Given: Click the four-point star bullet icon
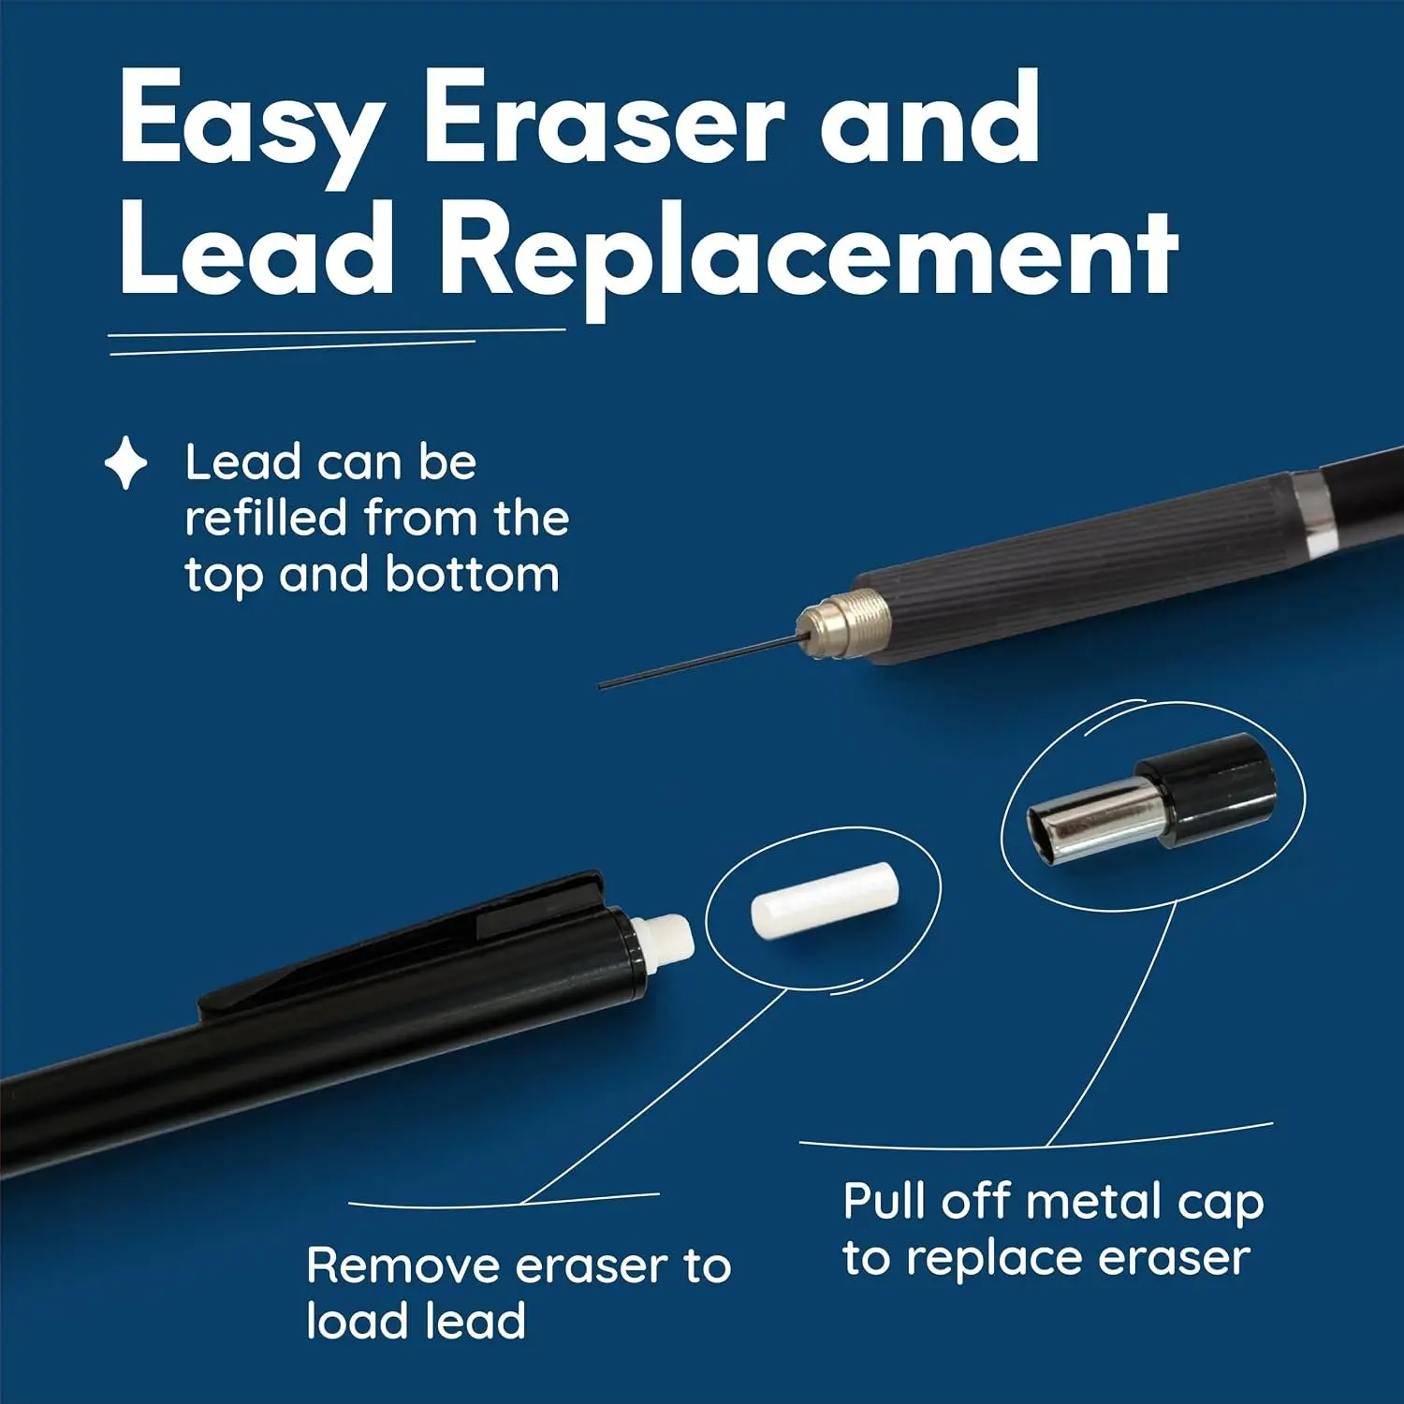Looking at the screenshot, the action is pyautogui.click(x=125, y=463).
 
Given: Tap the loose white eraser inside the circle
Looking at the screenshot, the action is pyautogui.click(x=825, y=899).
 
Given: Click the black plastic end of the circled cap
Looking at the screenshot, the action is pyautogui.click(x=1208, y=791).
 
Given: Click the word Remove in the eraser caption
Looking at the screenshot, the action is pyautogui.click(x=404, y=1266).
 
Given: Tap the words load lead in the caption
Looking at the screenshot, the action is pyautogui.click(x=417, y=1321).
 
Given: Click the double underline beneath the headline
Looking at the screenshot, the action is pyautogui.click(x=337, y=342).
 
